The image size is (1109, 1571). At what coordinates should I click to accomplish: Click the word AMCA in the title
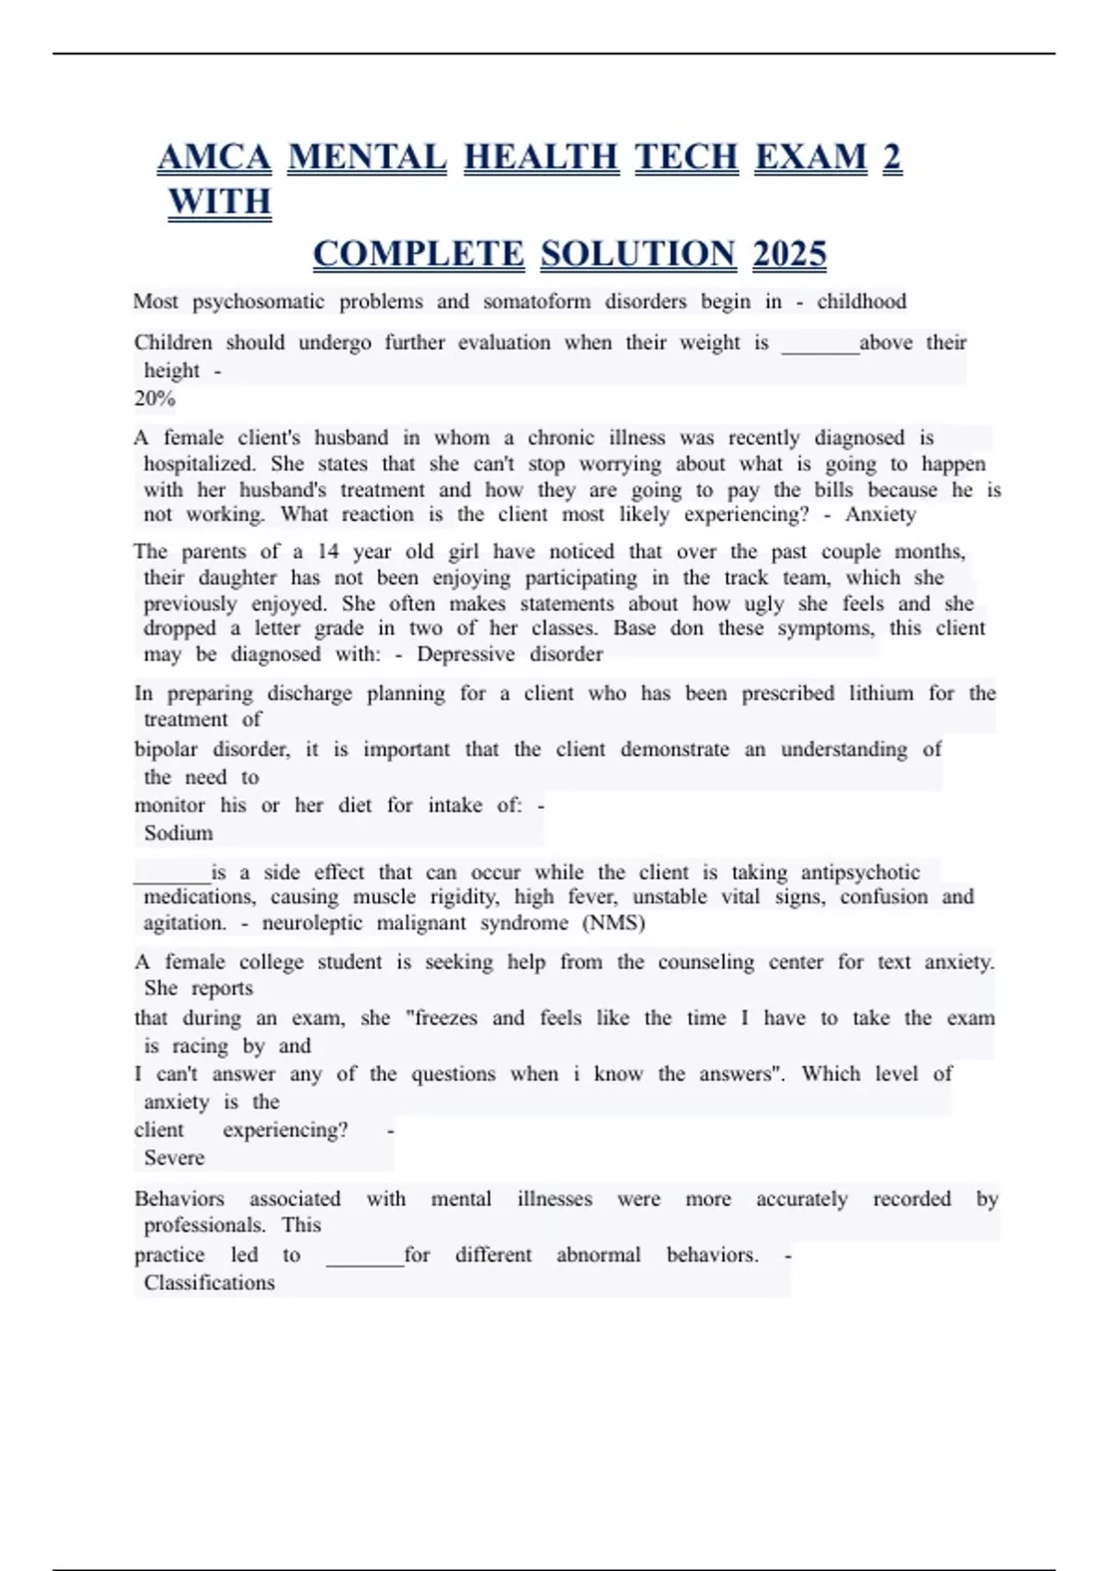pyautogui.click(x=214, y=158)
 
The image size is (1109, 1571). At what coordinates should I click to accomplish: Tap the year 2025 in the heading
pyautogui.click(x=789, y=254)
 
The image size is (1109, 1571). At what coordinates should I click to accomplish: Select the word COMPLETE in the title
pyautogui.click(x=419, y=254)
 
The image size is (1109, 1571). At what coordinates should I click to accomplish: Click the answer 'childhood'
pyautogui.click(x=861, y=301)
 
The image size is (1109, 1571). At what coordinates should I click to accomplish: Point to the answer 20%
pyautogui.click(x=154, y=398)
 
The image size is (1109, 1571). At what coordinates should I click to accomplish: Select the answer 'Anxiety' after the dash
pyautogui.click(x=880, y=515)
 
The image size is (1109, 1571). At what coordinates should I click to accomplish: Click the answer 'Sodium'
pyautogui.click(x=178, y=833)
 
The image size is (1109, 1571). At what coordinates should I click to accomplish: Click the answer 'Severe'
pyautogui.click(x=174, y=1157)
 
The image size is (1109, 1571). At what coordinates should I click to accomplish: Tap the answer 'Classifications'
pyautogui.click(x=209, y=1283)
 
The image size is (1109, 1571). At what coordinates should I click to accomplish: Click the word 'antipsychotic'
pyautogui.click(x=859, y=872)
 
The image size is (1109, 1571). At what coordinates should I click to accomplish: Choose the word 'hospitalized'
pyautogui.click(x=199, y=464)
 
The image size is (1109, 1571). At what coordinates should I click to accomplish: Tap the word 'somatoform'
pyautogui.click(x=536, y=301)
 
